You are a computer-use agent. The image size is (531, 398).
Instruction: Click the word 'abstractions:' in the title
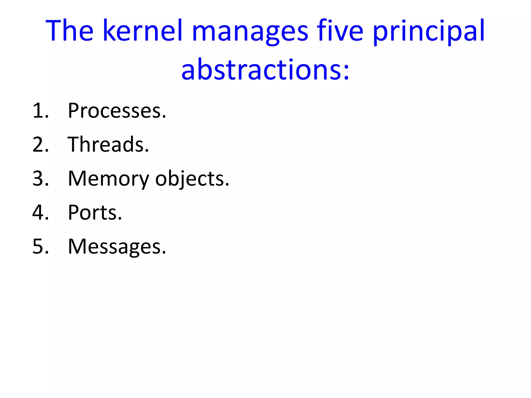(265, 69)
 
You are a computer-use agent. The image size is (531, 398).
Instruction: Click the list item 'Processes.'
(117, 111)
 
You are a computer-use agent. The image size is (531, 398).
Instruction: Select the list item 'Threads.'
(108, 144)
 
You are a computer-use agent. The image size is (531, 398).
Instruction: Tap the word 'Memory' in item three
(108, 179)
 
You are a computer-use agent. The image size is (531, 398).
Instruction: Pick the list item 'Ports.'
(95, 212)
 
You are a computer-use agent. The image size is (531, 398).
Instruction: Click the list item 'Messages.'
(117, 246)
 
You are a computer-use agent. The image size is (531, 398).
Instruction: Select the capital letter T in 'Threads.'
(74, 144)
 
